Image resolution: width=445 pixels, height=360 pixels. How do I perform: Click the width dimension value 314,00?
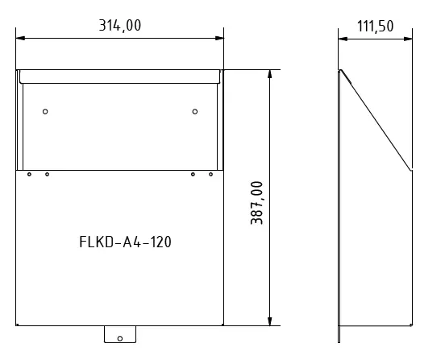tap(119, 26)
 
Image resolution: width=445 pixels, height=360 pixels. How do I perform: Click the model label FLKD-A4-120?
tap(125, 241)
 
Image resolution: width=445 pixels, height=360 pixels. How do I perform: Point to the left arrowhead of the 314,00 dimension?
tap(21, 37)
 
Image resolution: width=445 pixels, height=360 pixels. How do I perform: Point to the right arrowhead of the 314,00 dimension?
tap(219, 37)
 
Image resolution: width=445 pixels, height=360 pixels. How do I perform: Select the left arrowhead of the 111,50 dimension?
tap(341, 37)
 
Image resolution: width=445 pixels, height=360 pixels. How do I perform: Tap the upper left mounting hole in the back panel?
tap(45, 111)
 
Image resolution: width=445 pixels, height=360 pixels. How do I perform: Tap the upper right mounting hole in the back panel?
tap(194, 111)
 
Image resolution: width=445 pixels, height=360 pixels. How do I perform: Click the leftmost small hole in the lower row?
tap(29, 174)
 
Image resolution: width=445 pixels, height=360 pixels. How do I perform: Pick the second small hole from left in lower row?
tap(47, 174)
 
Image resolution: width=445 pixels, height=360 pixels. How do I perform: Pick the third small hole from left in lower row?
tap(193, 174)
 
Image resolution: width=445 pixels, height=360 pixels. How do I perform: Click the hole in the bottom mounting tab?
tap(119, 337)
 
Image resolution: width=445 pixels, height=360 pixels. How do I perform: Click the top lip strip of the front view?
tap(120, 77)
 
